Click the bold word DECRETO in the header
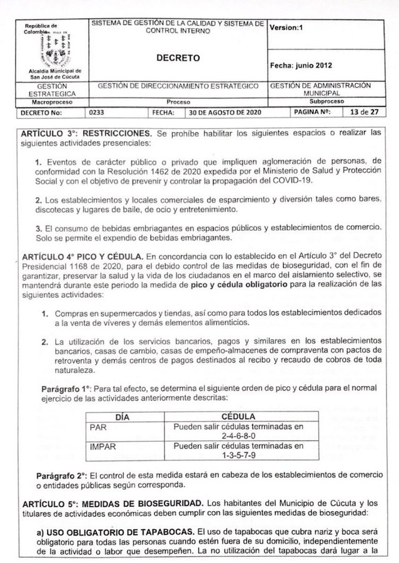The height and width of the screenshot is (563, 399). [178, 58]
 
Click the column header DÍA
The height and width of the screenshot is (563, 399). [126, 416]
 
